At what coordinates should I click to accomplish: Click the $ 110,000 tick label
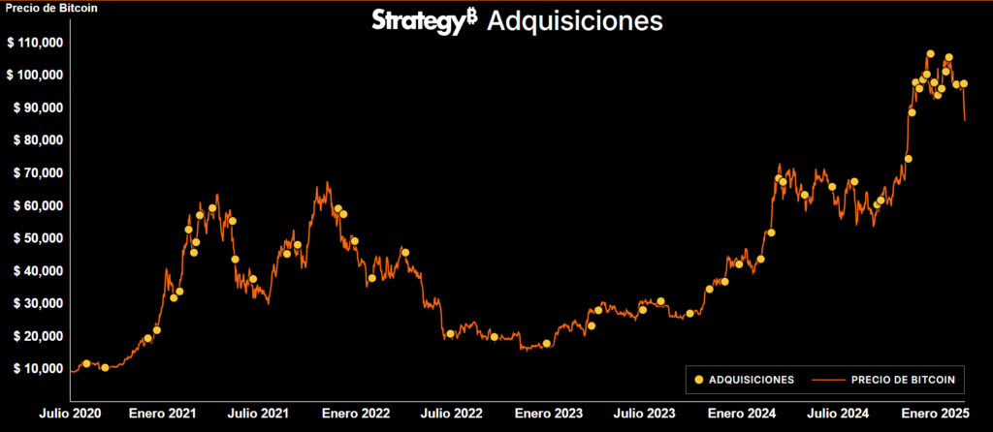[x=35, y=43]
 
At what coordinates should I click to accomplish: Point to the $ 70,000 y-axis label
[x=35, y=172]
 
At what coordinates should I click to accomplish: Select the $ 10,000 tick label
[x=35, y=368]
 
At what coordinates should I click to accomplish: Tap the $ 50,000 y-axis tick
[x=35, y=237]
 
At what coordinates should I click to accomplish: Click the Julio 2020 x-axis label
[x=71, y=414]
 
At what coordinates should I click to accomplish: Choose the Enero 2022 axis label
[x=356, y=414]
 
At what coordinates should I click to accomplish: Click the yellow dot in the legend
[x=699, y=380]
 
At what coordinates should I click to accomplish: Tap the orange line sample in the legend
[x=825, y=380]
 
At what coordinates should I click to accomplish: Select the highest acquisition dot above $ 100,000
[x=930, y=54]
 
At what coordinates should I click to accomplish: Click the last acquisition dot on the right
[x=964, y=84]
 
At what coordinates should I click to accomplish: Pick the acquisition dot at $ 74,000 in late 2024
[x=909, y=159]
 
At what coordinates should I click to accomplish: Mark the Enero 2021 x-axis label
[x=163, y=414]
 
